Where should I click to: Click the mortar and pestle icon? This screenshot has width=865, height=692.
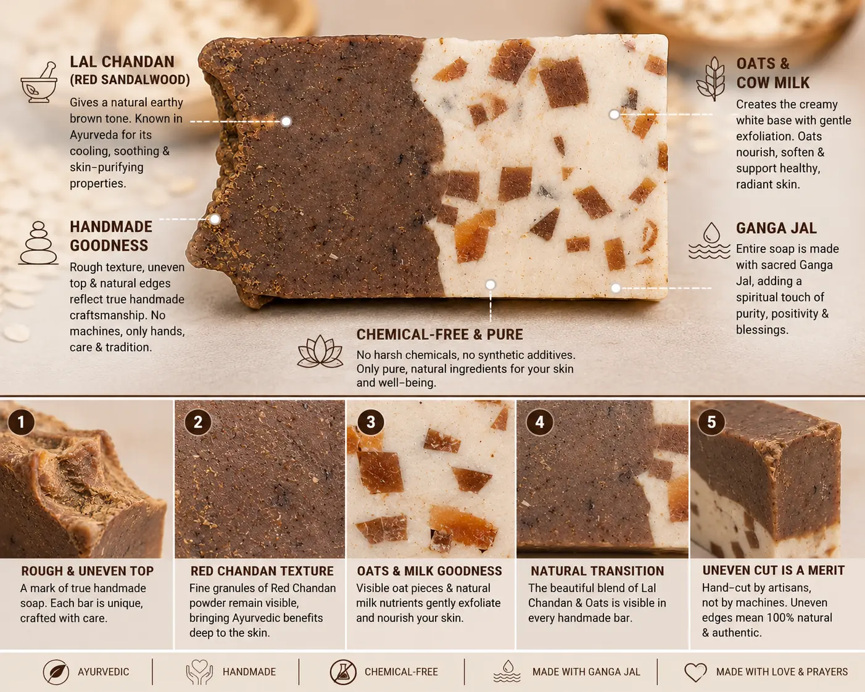point(38,82)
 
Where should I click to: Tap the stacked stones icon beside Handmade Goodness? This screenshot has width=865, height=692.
point(39,243)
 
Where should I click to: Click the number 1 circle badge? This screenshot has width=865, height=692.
point(21,422)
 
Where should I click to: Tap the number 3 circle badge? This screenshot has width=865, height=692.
point(371,422)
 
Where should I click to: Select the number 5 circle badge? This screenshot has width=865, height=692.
point(711,422)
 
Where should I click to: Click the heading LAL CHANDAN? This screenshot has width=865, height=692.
point(122,62)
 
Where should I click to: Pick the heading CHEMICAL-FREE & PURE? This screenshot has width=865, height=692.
point(440,334)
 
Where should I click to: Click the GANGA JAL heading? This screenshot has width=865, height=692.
point(776,228)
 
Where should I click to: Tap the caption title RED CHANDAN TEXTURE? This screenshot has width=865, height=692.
point(262,570)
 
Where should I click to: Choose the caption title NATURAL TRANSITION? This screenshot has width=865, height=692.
point(597,570)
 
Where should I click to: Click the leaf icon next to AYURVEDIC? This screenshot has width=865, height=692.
point(56,672)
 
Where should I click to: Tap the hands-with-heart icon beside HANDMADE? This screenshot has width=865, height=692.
point(199,672)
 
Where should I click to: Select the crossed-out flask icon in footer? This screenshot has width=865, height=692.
point(343,672)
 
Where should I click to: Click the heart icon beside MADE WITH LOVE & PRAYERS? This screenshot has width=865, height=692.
point(695,672)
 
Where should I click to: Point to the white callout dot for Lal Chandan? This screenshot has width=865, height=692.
point(286,122)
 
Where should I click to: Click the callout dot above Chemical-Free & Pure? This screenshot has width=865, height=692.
point(490,285)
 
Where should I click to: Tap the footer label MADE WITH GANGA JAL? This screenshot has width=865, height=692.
point(586,672)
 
